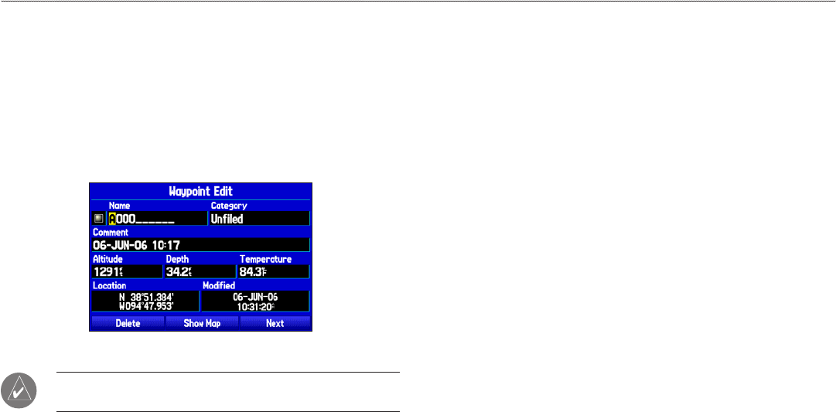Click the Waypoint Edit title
200,191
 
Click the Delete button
128,323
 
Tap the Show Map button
201,323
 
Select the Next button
275,323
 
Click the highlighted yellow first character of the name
112,219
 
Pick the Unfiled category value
227,219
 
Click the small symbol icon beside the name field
98,219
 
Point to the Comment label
111,232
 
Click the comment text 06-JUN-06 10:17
136,244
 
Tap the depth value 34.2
177,271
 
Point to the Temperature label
265,259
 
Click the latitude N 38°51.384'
145,296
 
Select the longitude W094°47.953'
145,305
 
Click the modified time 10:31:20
254,305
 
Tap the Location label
109,285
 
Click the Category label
229,206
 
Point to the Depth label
177,259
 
